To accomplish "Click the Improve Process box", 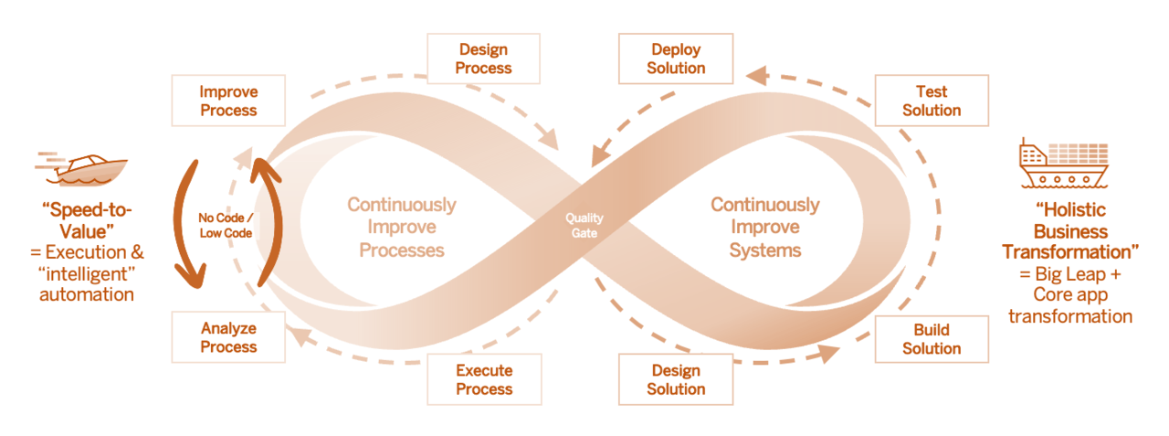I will click(x=228, y=101).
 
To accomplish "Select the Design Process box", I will click(x=484, y=58).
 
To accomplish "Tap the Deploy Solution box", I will click(x=676, y=58).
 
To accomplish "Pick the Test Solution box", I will click(x=932, y=101).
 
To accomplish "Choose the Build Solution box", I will click(x=932, y=339).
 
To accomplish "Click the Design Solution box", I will click(x=676, y=379).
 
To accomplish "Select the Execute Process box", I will click(x=484, y=379).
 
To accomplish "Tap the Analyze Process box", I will click(x=228, y=337).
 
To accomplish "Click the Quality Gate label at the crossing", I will click(x=584, y=225).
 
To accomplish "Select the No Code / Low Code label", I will click(x=226, y=225).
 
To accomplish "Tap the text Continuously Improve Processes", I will click(x=401, y=227).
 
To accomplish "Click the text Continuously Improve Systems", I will click(x=765, y=227).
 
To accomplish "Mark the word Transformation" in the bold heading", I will click(x=1067, y=251).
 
